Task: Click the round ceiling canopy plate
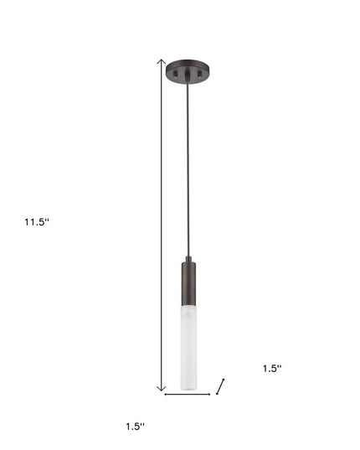188,67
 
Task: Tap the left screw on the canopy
174,77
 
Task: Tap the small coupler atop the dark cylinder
188,258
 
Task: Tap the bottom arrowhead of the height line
162,388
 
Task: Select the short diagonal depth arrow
221,385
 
